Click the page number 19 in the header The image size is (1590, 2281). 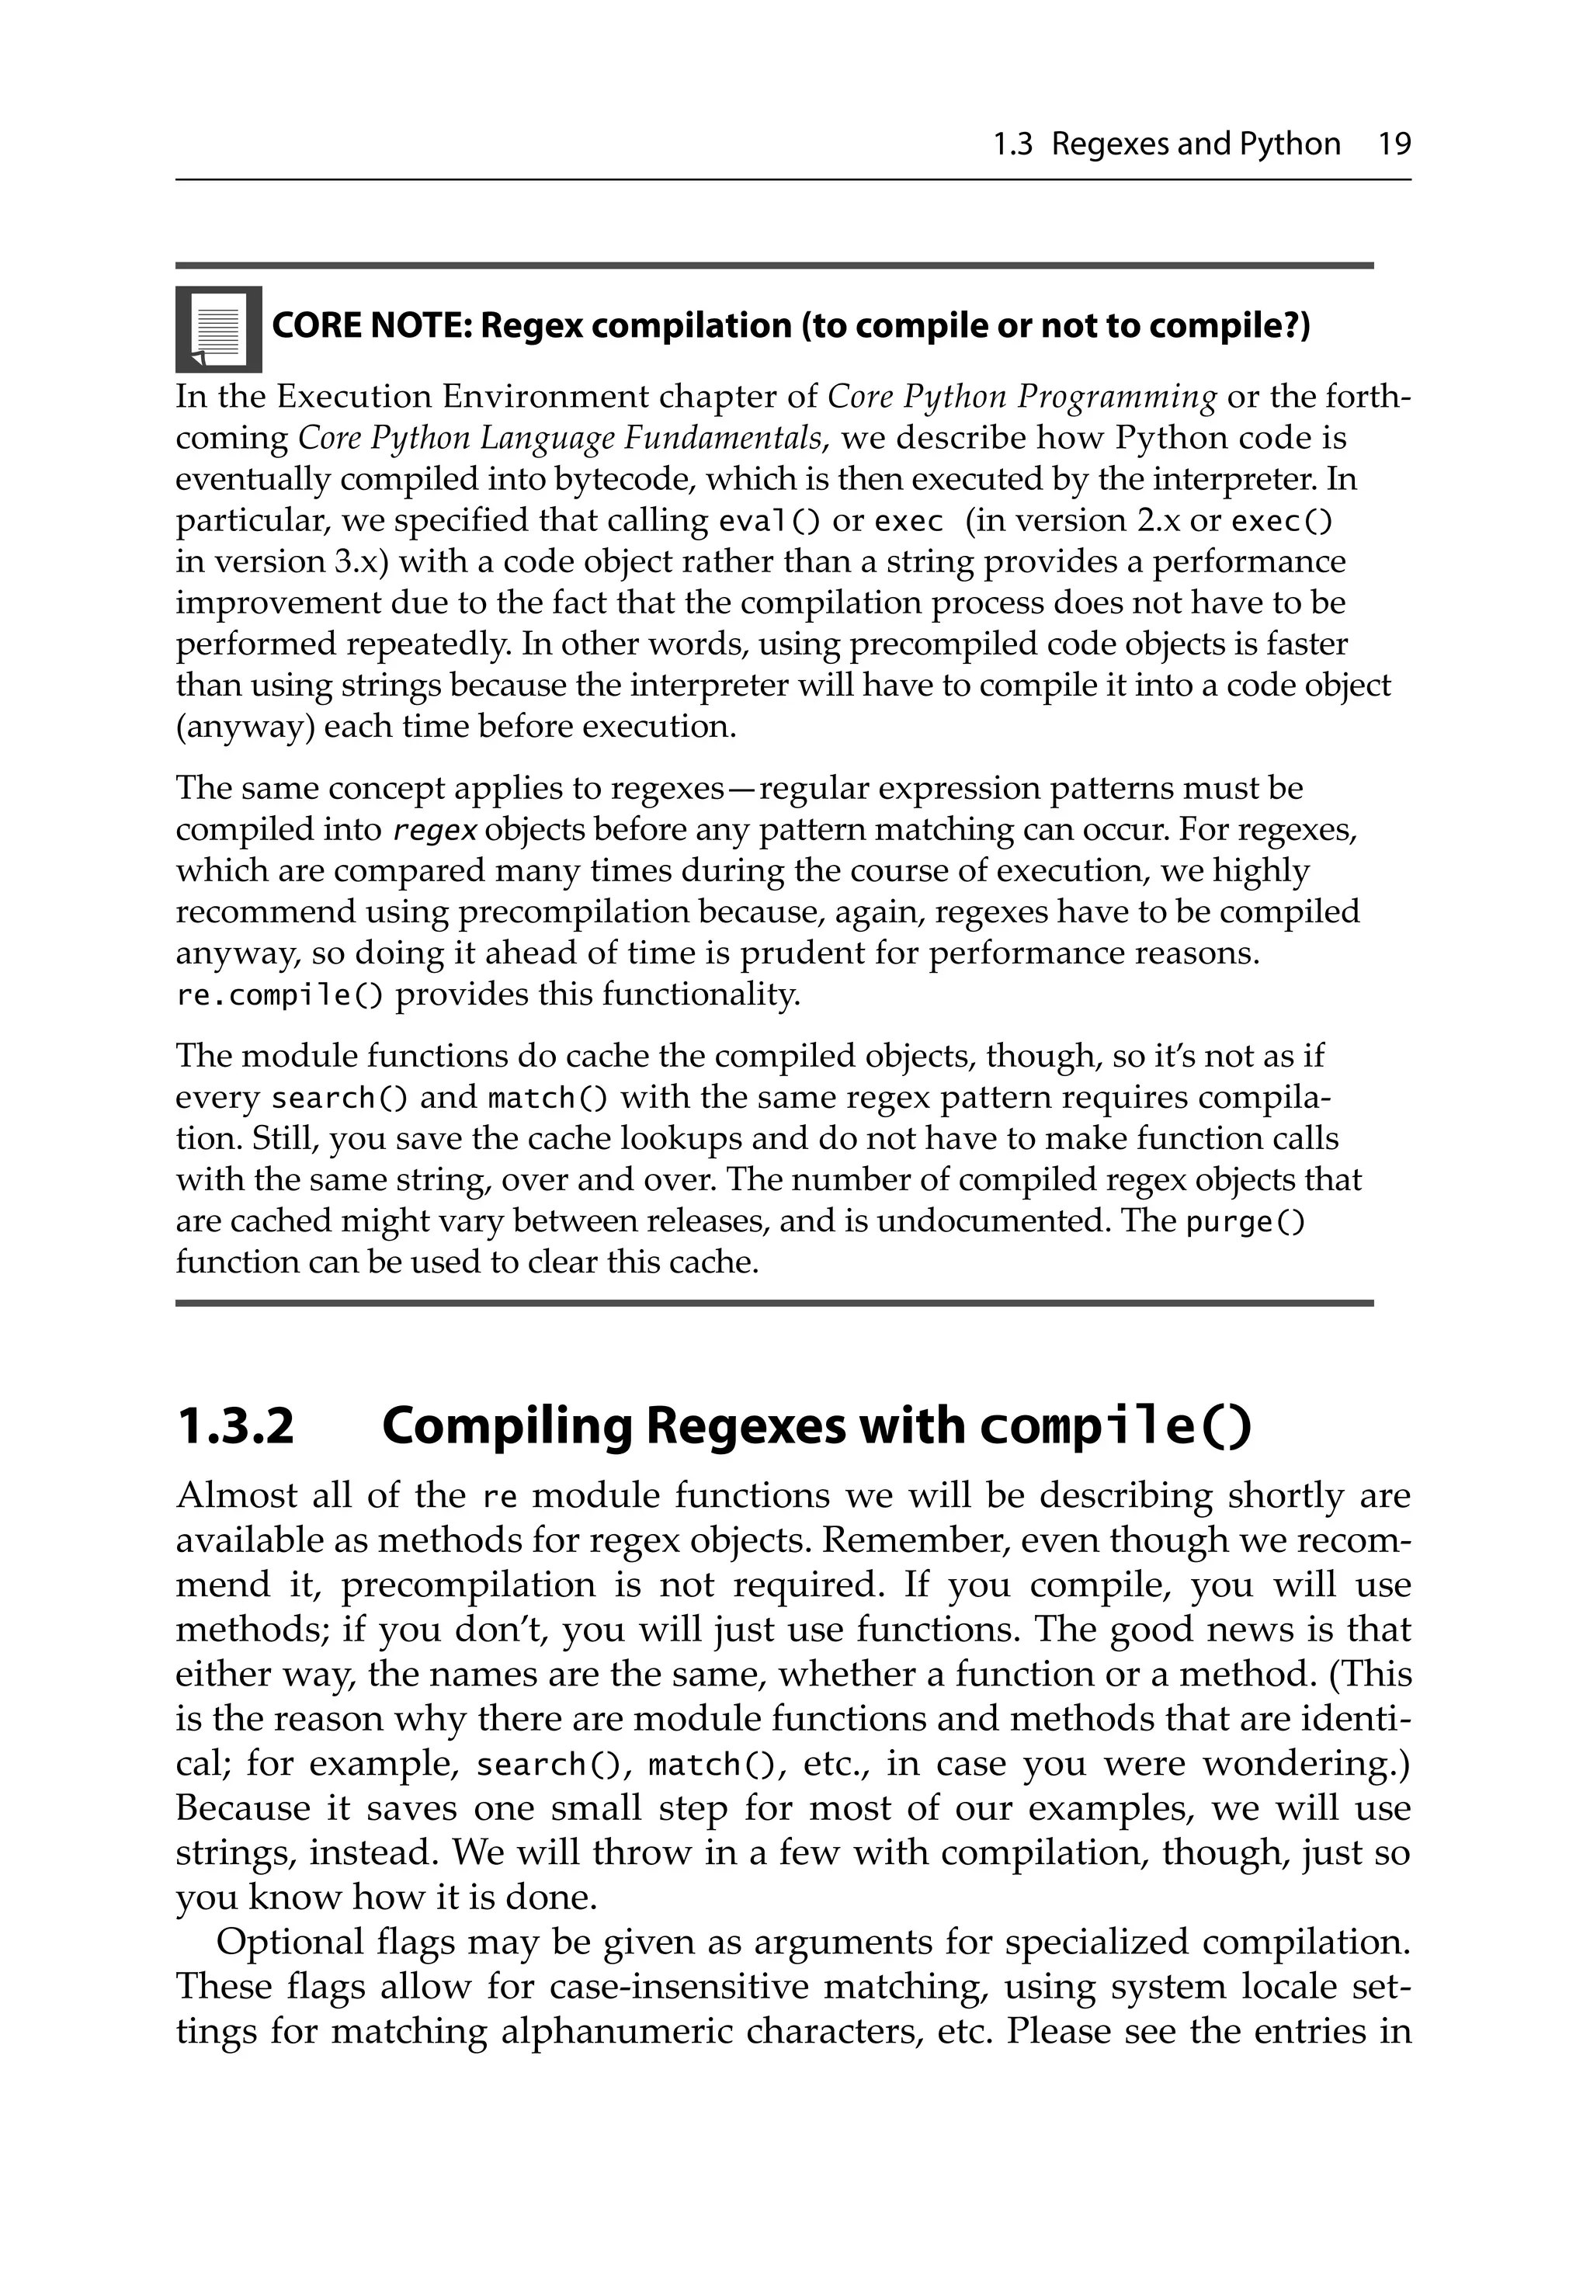1394,145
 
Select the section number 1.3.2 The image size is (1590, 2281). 235,1427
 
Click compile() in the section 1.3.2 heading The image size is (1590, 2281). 1114,1427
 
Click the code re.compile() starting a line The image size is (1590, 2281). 278,995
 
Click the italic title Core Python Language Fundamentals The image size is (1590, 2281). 561,438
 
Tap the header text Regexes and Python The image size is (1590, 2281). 1196,145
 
